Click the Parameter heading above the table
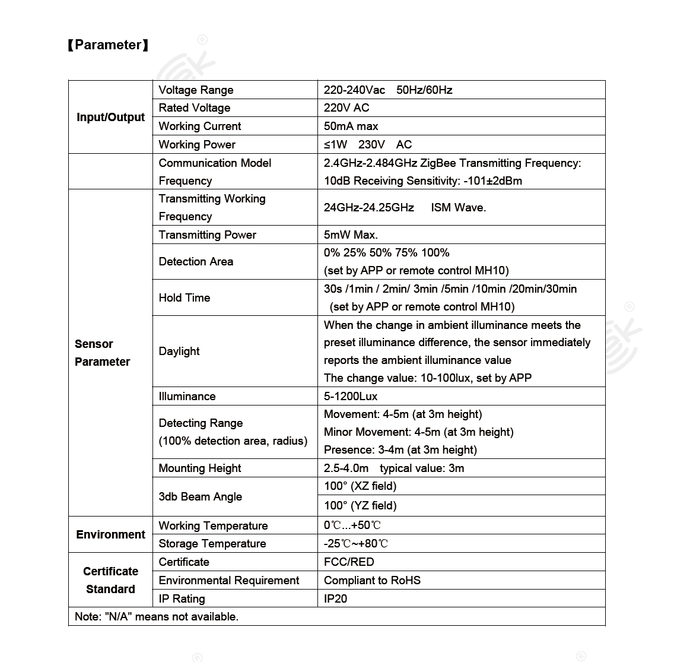pyautogui.click(x=108, y=45)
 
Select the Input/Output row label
pyautogui.click(x=110, y=117)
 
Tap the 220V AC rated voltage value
pyautogui.click(x=346, y=107)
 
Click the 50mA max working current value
pyautogui.click(x=351, y=126)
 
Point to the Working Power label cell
pyautogui.click(x=197, y=144)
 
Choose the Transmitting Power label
pyautogui.click(x=207, y=235)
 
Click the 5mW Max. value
pyautogui.click(x=351, y=235)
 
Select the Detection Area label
pyautogui.click(x=196, y=261)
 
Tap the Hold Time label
pyautogui.click(x=184, y=297)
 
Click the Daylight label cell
pyautogui.click(x=179, y=351)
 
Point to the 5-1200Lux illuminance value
pyautogui.click(x=351, y=396)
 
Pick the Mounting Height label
pyautogui.click(x=199, y=468)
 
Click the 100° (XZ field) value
pyautogui.click(x=360, y=486)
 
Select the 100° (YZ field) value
pyautogui.click(x=360, y=505)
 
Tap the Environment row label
pyautogui.click(x=110, y=534)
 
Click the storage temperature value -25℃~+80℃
pyautogui.click(x=356, y=543)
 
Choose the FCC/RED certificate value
pyautogui.click(x=349, y=562)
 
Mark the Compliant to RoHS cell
pyautogui.click(x=372, y=580)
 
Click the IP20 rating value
pyautogui.click(x=335, y=598)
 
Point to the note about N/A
pyautogui.click(x=157, y=616)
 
